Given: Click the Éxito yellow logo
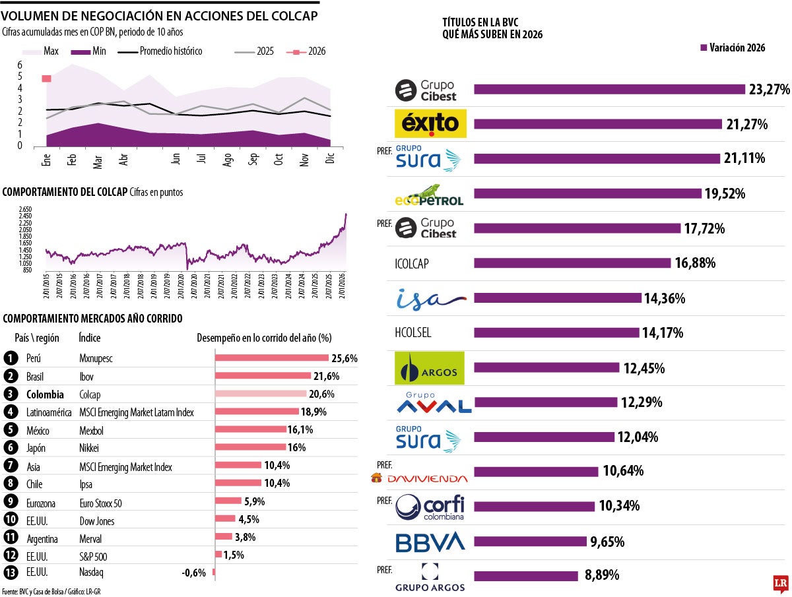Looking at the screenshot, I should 430,123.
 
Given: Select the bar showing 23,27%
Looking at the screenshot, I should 609,89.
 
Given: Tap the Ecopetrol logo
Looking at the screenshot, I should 429,195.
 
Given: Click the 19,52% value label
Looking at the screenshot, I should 725,193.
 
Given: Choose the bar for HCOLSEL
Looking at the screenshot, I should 556,332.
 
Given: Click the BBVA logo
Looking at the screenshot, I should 430,542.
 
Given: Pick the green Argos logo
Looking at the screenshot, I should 429,367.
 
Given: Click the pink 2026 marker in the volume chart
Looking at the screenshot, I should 46,79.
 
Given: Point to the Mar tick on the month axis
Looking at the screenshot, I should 98,162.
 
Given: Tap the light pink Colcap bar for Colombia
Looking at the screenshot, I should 261,394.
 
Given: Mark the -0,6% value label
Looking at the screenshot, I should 194,573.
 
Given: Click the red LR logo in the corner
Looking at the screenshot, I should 781,584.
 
